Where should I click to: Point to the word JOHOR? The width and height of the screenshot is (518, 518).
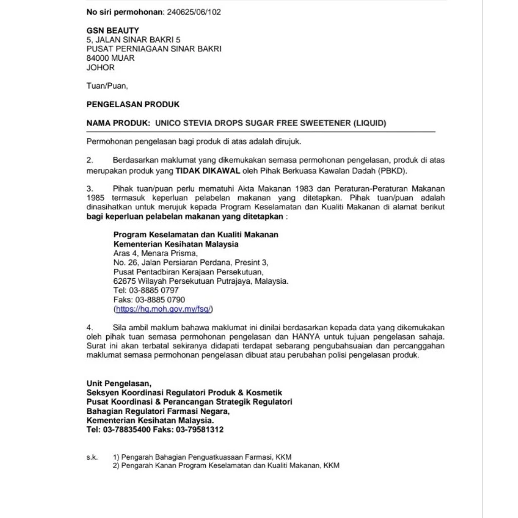[x=101, y=67]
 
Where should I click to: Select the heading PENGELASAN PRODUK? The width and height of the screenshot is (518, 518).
[x=133, y=105]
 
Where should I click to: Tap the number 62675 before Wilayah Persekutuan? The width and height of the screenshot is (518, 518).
[x=123, y=281]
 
